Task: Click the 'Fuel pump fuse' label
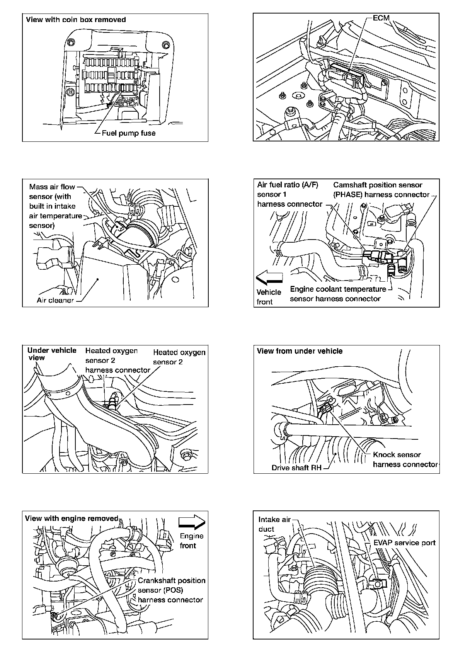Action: click(x=128, y=133)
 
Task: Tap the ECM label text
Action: click(x=381, y=18)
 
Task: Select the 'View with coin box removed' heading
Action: click(x=76, y=20)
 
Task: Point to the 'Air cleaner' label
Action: click(x=55, y=300)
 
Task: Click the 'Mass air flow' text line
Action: click(x=52, y=187)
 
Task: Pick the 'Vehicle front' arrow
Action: click(x=269, y=277)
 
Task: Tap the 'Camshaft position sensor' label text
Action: click(x=378, y=185)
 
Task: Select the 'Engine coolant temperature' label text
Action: click(x=338, y=289)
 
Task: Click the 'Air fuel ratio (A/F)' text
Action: click(x=288, y=185)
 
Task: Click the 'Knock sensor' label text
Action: click(x=397, y=455)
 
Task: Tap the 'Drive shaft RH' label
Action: click(x=296, y=468)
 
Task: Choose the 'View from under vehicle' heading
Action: click(x=300, y=351)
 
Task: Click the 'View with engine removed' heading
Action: click(x=72, y=519)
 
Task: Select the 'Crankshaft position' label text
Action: click(x=172, y=580)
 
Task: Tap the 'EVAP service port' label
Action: click(x=404, y=543)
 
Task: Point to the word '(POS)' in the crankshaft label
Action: click(x=172, y=590)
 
